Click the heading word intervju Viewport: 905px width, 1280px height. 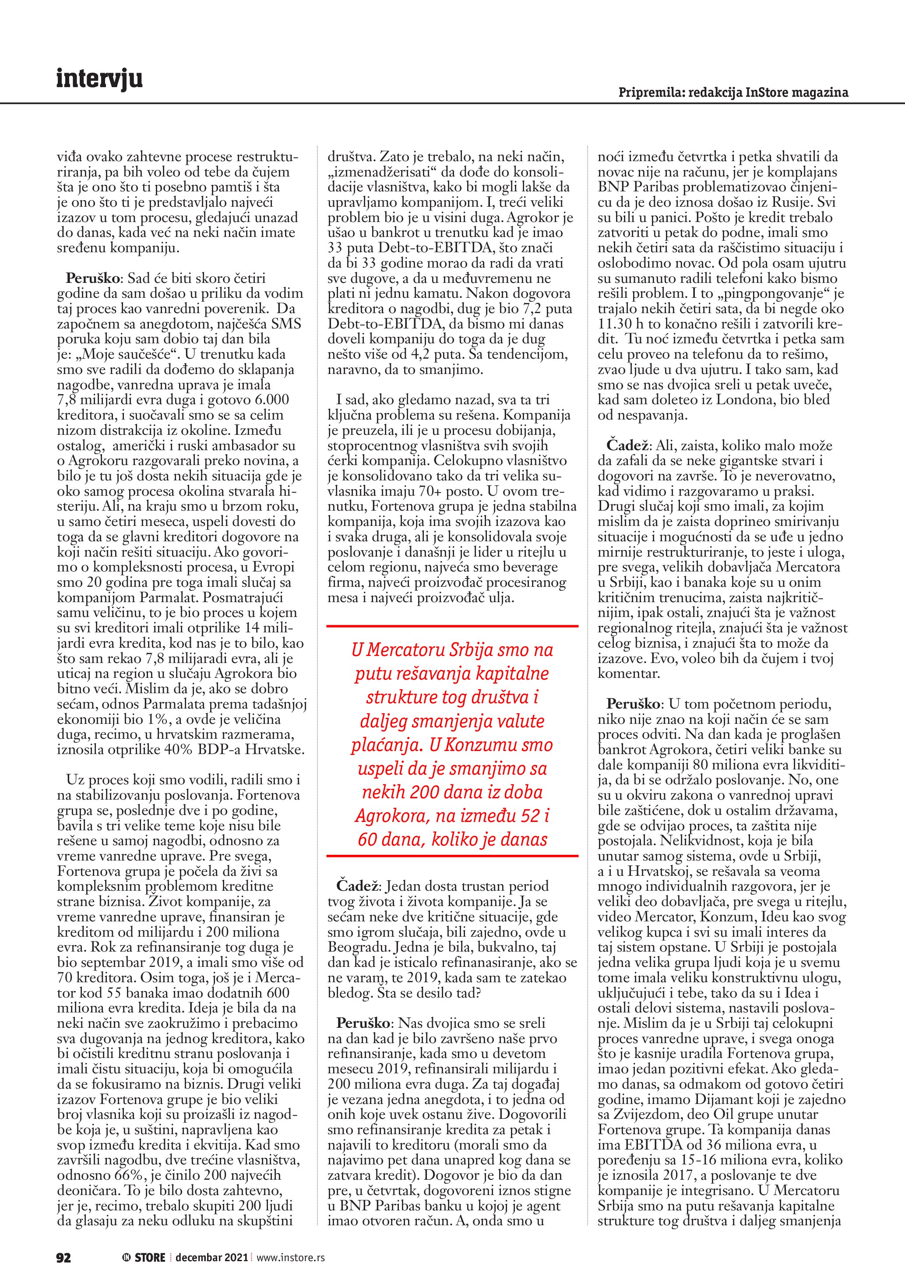[99, 79]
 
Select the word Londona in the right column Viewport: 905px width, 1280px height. [748, 400]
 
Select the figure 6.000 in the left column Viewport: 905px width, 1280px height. [268, 400]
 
